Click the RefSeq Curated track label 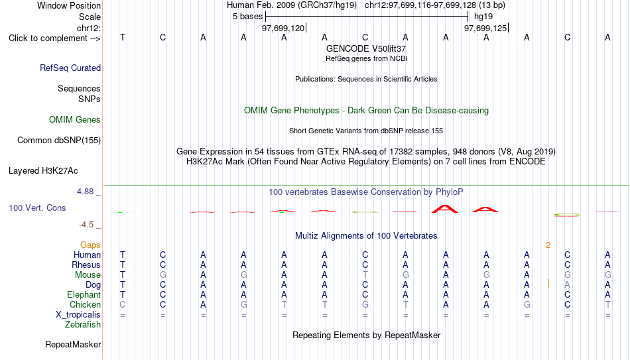tap(70, 68)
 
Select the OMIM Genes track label tap(75, 120)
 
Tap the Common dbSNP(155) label tap(59, 141)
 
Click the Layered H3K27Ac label tap(43, 171)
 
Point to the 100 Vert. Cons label tap(37, 208)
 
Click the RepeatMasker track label tap(73, 344)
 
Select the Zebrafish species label tap(83, 324)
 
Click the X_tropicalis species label tap(78, 315)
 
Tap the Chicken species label tap(85, 304)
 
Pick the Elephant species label tap(84, 294)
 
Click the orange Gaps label tap(90, 245)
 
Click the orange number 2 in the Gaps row tap(548, 245)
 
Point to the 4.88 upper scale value tap(85, 192)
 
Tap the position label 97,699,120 tap(283, 28)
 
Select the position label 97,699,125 tap(485, 28)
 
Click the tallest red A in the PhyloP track tap(445, 209)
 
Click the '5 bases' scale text tap(247, 17)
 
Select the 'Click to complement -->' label tap(54, 38)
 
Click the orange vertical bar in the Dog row tap(549, 284)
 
